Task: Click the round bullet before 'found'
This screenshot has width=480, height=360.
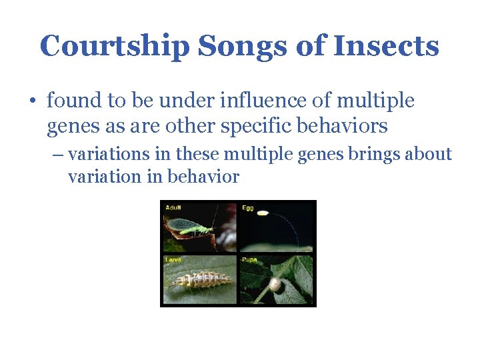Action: [33, 102]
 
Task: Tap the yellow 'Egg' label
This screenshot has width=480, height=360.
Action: [247, 207]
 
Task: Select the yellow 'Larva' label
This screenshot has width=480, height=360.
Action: [173, 259]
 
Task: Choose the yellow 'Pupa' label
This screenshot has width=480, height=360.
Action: [249, 259]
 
